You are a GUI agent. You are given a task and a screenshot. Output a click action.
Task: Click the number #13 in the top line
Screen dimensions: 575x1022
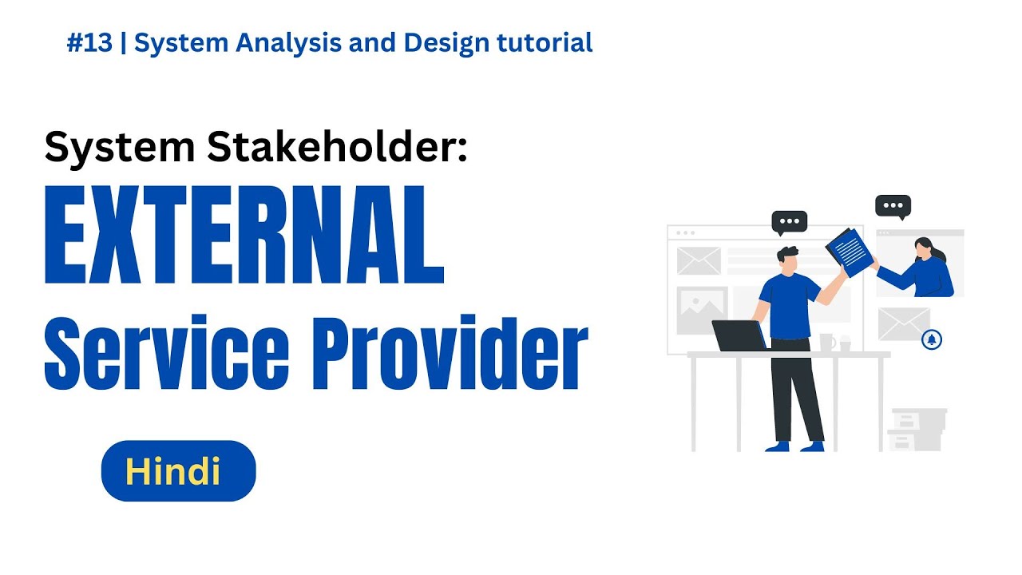89,43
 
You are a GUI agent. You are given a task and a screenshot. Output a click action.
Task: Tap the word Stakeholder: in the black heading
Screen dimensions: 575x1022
335,147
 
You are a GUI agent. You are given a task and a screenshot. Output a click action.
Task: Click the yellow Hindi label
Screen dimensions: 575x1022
172,472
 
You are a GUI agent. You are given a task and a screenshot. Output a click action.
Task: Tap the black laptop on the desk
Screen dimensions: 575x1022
739,335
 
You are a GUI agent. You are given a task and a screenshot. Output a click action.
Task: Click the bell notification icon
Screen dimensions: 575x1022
931,339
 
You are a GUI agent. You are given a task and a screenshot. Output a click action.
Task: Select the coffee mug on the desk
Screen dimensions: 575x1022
827,342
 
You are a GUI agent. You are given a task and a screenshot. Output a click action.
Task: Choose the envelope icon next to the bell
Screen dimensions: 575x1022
903,323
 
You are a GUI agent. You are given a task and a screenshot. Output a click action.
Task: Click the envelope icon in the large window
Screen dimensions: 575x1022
699,260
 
